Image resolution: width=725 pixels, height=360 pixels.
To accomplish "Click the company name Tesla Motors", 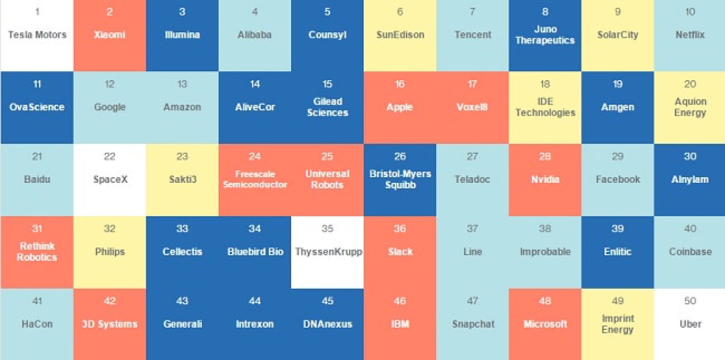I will (37, 35).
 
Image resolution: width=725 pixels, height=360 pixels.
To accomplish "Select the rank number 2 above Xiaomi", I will (110, 12).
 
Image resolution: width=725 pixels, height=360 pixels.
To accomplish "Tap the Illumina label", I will (182, 35).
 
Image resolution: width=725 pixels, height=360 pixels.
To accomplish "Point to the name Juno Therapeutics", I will (545, 35).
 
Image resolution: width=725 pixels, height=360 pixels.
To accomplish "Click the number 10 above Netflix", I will (690, 12).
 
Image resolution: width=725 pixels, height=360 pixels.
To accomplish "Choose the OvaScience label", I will (37, 107).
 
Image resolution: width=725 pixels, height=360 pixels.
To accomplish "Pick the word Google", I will (110, 107).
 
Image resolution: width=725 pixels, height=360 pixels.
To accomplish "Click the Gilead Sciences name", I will (327, 107).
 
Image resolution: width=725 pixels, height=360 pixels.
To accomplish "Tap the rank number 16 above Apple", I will (400, 84).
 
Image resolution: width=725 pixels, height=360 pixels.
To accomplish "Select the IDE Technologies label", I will (545, 107).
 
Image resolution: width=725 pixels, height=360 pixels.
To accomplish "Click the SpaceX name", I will (110, 179).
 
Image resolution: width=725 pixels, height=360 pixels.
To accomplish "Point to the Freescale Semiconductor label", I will (255, 179).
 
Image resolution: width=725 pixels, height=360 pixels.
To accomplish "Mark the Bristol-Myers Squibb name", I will (400, 179).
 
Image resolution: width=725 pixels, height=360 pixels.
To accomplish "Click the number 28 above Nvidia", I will (545, 156).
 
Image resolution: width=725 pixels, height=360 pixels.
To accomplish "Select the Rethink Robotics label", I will (37, 252).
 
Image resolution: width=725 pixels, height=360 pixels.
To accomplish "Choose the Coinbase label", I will (690, 252).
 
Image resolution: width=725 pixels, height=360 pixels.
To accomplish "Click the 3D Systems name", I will (110, 324).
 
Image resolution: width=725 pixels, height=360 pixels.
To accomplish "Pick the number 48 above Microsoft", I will (545, 301).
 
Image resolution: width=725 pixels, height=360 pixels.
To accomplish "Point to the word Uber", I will (690, 324).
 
